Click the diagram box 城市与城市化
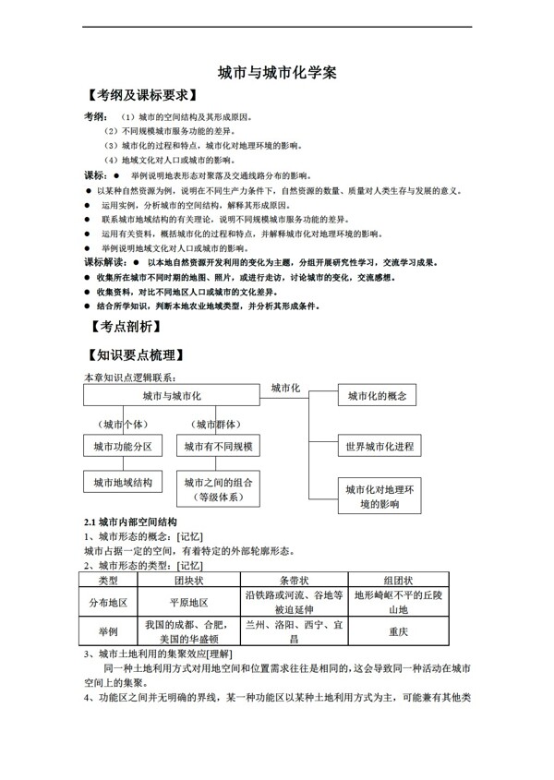(173, 395)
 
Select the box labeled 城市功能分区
(123, 447)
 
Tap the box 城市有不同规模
(218, 447)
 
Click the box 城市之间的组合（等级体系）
(218, 489)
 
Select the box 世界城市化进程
(379, 447)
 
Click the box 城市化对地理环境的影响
(379, 496)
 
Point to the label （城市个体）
(122, 424)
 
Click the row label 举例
(108, 632)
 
